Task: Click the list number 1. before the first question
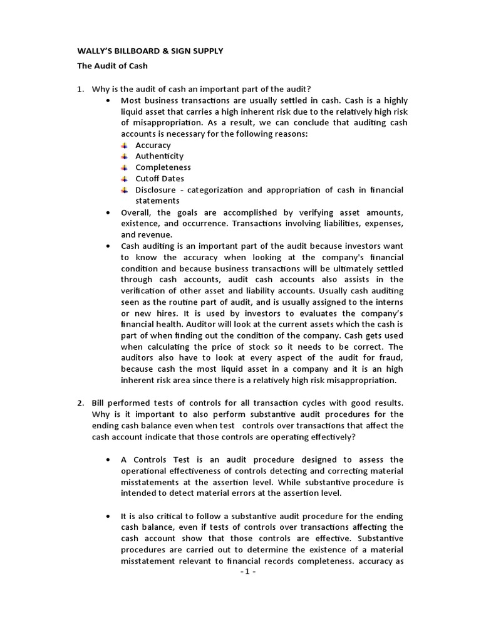point(81,89)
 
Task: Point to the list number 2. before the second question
point(81,403)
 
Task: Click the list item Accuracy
point(153,145)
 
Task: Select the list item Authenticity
point(159,156)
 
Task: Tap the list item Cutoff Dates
point(160,179)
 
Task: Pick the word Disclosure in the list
point(156,190)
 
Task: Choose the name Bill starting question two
point(99,403)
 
